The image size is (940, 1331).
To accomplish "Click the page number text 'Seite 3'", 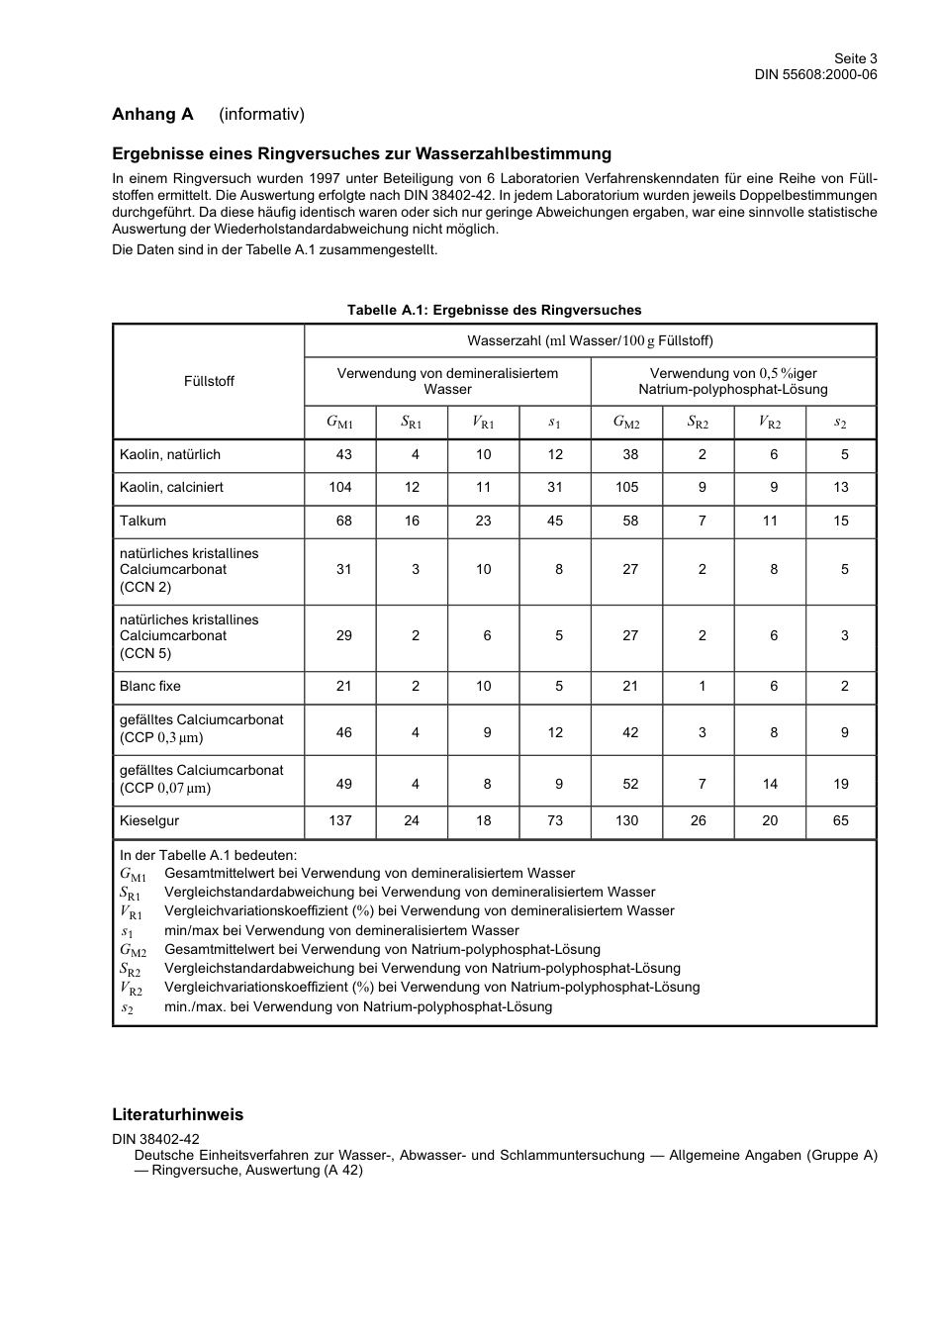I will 855,58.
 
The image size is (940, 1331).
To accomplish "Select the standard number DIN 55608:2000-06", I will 815,74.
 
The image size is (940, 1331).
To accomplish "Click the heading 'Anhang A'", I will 152,114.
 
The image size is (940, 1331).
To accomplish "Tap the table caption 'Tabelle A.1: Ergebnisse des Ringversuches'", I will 494,310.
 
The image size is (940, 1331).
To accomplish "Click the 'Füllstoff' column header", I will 209,381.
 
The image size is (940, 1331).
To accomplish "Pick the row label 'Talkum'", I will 143,521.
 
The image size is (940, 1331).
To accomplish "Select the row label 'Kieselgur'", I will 149,820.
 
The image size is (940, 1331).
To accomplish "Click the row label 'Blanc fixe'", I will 150,686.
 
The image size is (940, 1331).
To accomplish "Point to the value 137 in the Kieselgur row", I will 340,820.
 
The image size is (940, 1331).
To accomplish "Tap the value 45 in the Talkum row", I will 555,521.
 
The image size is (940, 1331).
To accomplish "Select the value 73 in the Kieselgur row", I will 555,820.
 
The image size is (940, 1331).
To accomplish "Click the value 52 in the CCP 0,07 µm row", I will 630,784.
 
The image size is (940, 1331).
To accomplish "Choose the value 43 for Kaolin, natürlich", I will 343,454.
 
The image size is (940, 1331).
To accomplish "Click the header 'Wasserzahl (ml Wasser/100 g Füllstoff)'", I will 590,340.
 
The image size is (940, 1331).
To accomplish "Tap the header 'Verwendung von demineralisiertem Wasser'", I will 447,381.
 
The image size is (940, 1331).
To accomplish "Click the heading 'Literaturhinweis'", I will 177,1114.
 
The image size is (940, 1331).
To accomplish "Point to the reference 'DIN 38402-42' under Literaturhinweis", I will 155,1139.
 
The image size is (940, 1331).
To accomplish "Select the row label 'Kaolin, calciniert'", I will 171,487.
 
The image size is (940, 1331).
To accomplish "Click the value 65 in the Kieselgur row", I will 841,820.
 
